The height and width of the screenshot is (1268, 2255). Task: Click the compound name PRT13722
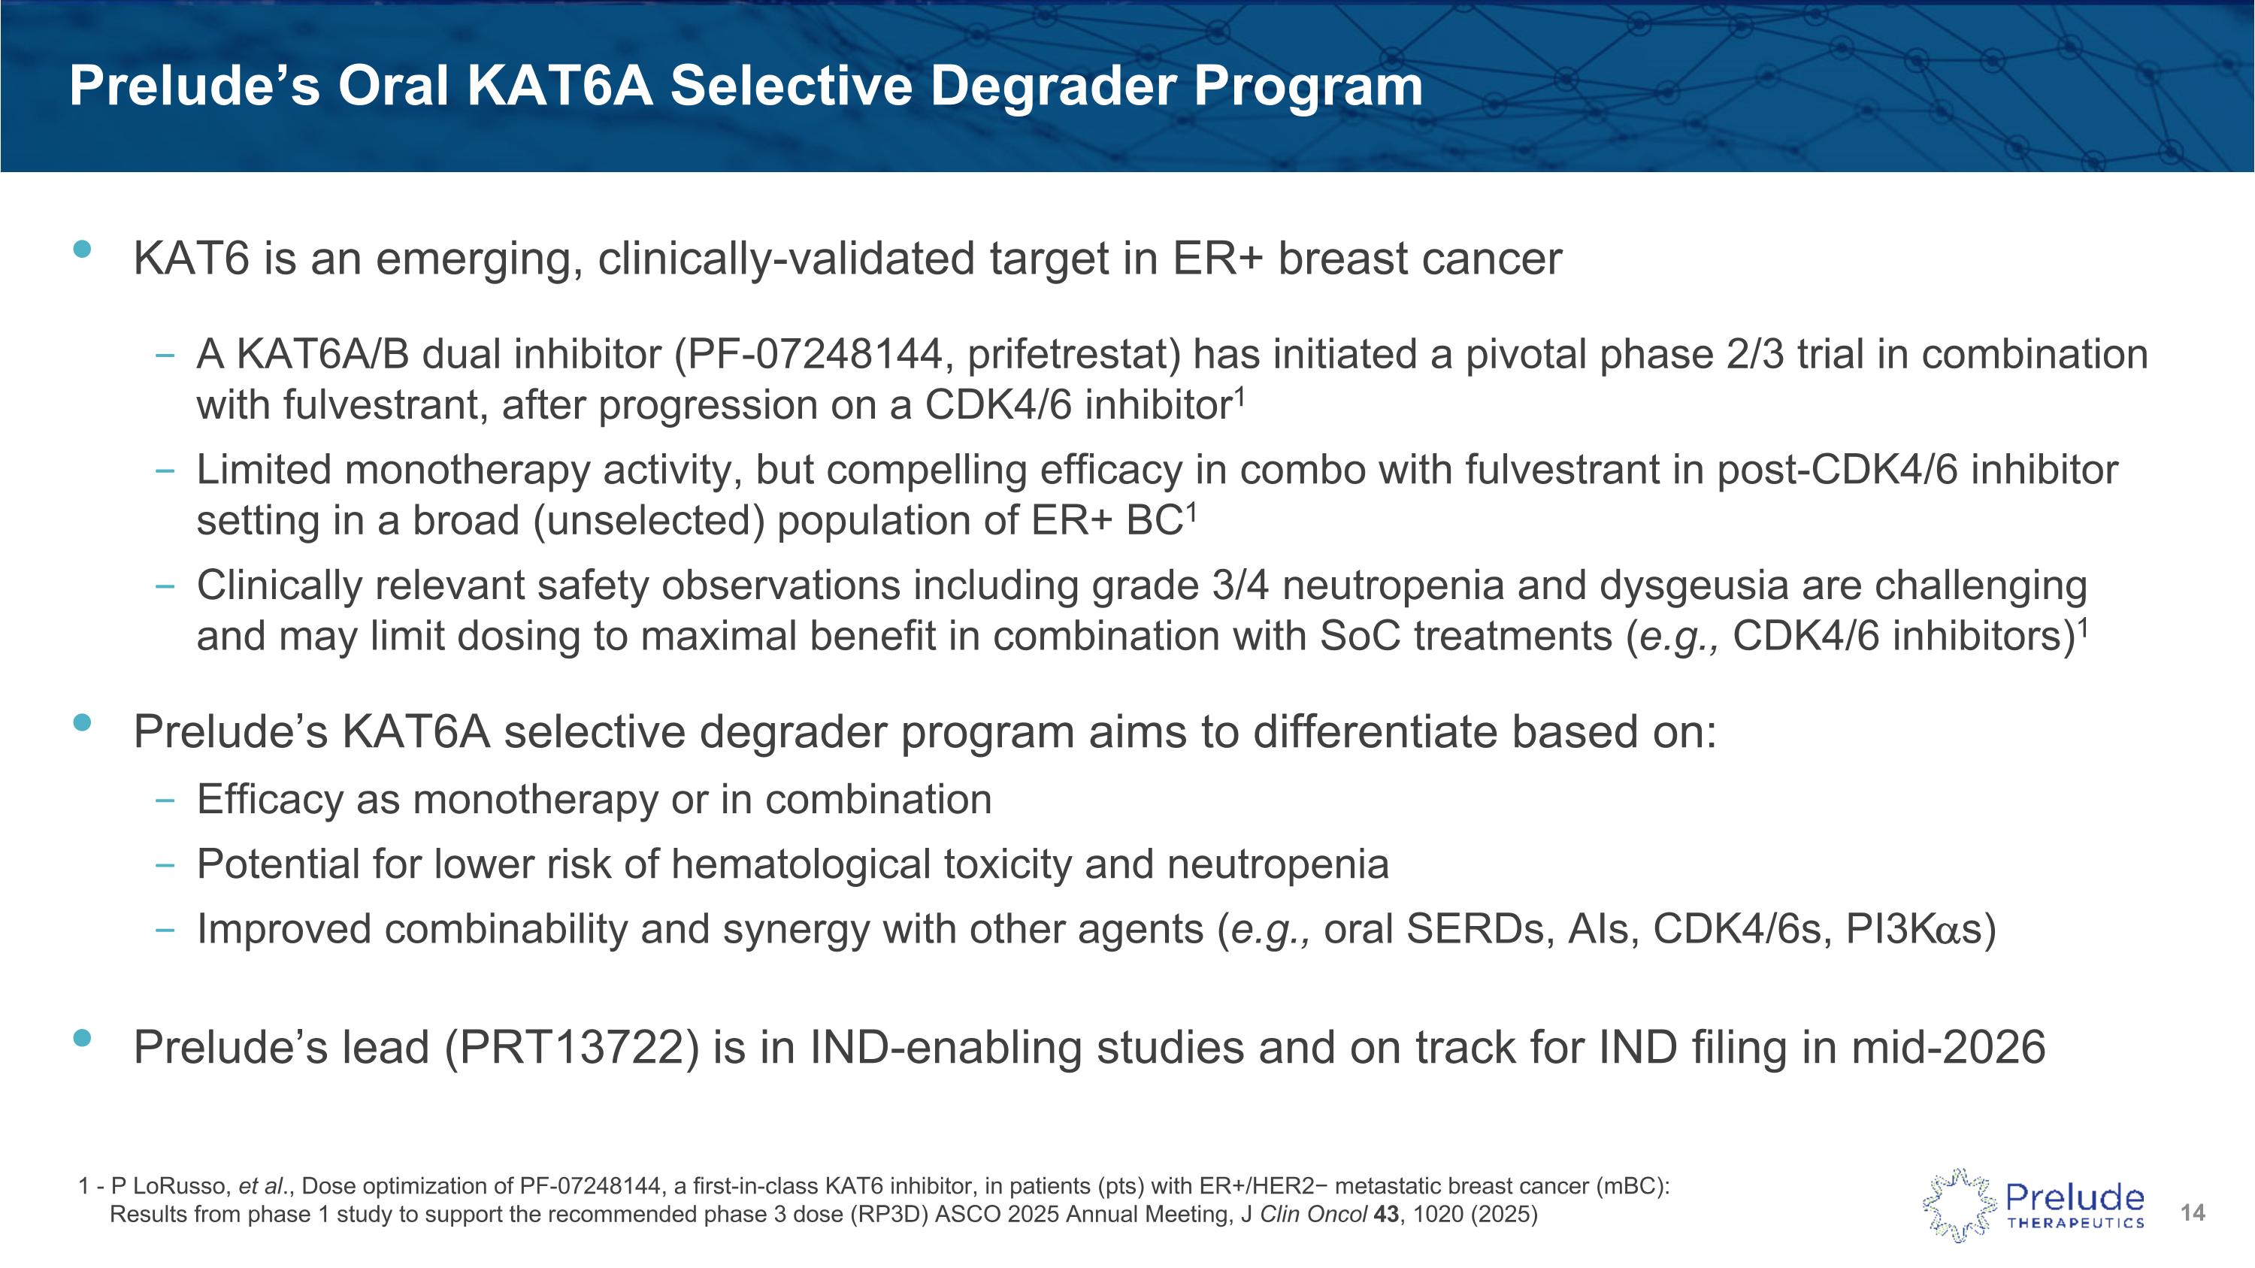point(573,1048)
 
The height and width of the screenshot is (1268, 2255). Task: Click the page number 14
point(2192,1213)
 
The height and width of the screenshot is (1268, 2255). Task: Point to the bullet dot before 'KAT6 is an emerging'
point(82,249)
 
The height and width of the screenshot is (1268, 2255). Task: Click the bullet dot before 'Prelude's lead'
point(82,1038)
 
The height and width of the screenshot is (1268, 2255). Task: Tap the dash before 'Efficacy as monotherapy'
point(164,800)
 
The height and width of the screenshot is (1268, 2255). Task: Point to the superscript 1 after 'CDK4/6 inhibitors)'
point(2084,627)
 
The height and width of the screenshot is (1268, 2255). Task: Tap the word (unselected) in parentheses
point(649,522)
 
